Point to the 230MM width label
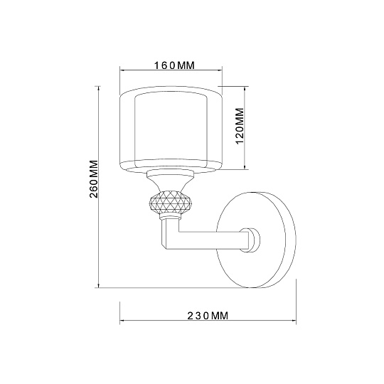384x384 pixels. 208,316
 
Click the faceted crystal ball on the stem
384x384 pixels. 170,203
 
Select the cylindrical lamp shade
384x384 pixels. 170,130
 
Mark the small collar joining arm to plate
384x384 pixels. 250,238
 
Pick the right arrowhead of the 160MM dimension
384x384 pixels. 220,71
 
